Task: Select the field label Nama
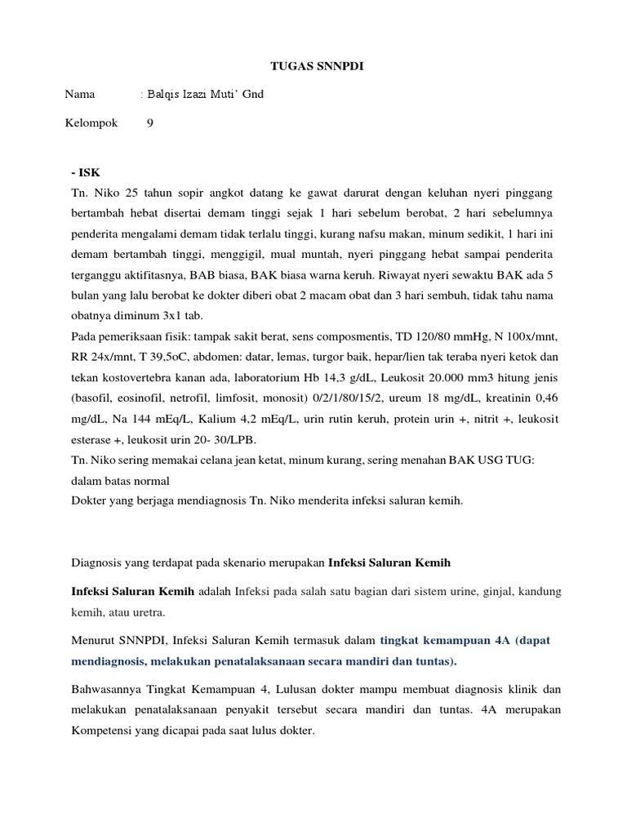point(79,95)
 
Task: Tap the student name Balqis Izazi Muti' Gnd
point(204,95)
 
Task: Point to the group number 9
point(149,123)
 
